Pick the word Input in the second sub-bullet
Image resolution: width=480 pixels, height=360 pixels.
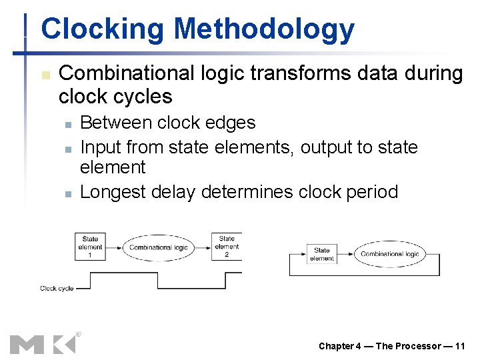click(x=100, y=147)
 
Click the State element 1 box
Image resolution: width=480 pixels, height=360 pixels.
click(x=90, y=247)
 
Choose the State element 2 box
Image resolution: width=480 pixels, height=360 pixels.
click(x=227, y=247)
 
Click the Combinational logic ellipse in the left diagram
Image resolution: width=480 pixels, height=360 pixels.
click(x=159, y=247)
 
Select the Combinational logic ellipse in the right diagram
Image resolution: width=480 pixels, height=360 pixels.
click(x=389, y=254)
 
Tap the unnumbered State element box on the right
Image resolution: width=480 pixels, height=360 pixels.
click(x=321, y=255)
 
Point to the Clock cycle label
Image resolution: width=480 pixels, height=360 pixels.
click(x=57, y=289)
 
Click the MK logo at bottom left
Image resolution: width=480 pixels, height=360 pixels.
click(x=43, y=343)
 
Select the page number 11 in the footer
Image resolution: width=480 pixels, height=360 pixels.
click(x=459, y=346)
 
